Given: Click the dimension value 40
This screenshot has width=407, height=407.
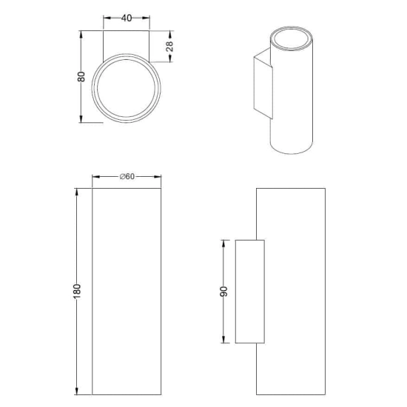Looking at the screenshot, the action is coord(127,18).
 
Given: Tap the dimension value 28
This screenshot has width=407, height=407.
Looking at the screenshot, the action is coord(169,47).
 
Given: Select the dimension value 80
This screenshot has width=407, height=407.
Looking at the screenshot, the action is coord(81,76).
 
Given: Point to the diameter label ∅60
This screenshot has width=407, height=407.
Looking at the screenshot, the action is coord(127,177).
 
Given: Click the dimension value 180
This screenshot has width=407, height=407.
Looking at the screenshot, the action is coord(77,292).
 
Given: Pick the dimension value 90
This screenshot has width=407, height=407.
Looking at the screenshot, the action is coord(223,292).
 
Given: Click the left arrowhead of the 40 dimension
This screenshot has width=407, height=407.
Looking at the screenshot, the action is coord(107,18).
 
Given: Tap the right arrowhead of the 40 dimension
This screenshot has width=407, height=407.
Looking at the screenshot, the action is coord(146,18).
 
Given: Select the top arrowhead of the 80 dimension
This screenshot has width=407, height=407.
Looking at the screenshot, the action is coord(81,35).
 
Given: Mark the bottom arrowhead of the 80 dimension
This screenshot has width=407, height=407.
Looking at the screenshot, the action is coord(81,118).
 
